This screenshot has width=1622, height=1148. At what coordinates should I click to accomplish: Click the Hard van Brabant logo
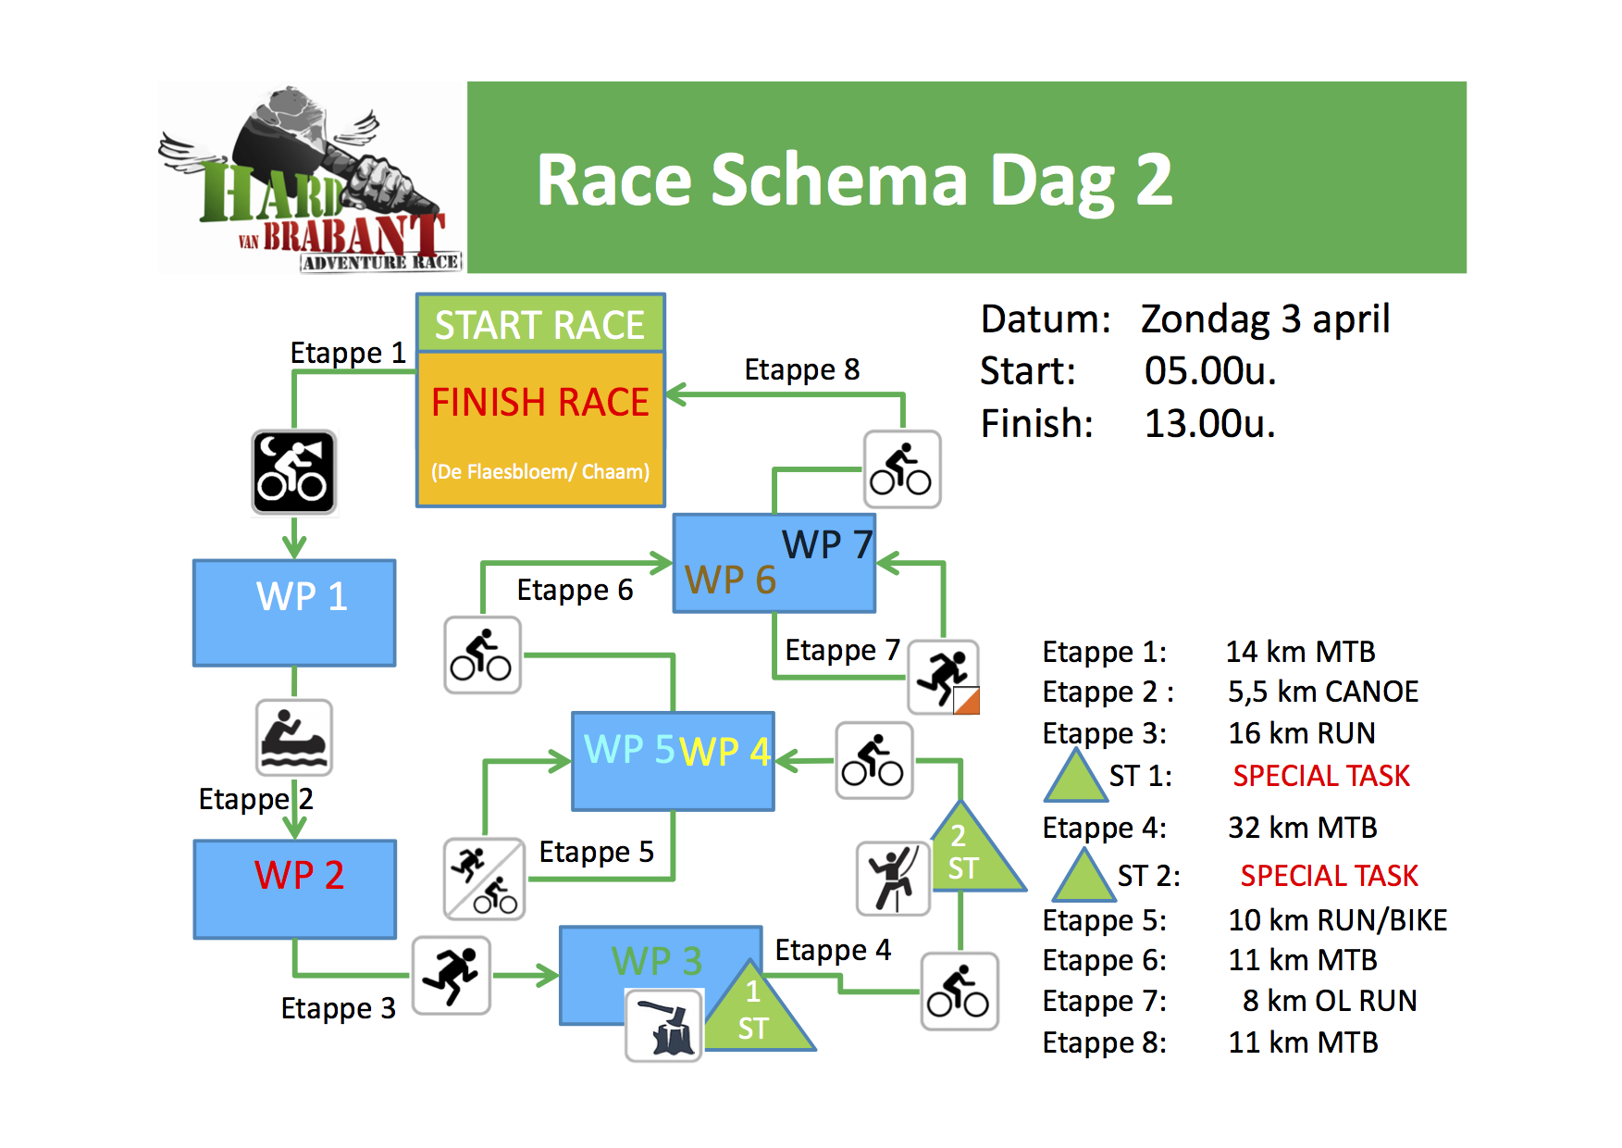311,179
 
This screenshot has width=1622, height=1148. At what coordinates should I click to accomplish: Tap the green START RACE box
540,323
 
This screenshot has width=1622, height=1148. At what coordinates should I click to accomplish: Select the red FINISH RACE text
540,403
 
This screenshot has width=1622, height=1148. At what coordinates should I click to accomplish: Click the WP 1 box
294,613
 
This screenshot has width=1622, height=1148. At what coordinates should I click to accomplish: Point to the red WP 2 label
300,875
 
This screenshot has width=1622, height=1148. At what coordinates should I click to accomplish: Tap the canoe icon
294,738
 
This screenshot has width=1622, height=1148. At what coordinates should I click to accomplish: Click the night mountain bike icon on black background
294,472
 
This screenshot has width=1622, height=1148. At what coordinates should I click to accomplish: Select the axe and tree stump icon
664,1025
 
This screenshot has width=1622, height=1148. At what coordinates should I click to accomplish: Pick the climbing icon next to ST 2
893,878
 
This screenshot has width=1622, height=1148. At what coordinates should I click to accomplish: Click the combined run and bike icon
485,879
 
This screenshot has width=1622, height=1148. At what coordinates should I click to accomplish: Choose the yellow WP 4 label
725,752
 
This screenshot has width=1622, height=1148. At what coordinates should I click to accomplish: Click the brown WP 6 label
730,580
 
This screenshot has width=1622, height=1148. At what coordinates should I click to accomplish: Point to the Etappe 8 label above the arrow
802,369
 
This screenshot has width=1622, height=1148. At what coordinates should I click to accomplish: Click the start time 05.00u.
1210,371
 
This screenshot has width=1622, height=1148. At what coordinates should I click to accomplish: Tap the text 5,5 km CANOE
1323,692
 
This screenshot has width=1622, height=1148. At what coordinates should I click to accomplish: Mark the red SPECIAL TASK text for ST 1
1321,776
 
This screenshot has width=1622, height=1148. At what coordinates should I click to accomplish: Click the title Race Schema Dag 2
855,180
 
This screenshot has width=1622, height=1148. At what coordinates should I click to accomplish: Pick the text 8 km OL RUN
1330,1001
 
